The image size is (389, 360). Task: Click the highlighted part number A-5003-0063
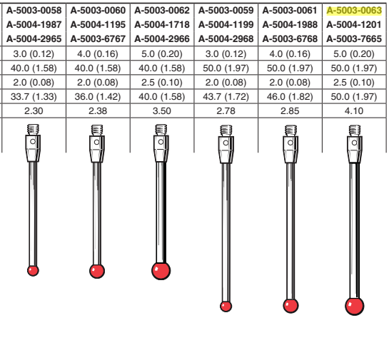(x=354, y=11)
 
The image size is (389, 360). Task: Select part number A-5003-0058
(x=34, y=11)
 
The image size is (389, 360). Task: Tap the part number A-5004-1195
(x=98, y=25)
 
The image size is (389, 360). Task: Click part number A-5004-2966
(x=162, y=39)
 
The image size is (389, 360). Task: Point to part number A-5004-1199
(x=226, y=25)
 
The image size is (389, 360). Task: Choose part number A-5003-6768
(x=290, y=39)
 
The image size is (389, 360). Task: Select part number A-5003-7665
(x=354, y=39)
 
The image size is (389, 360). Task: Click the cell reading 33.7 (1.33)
(x=34, y=97)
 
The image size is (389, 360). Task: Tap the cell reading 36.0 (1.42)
(x=98, y=97)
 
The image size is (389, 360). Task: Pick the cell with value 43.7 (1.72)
(x=226, y=97)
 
